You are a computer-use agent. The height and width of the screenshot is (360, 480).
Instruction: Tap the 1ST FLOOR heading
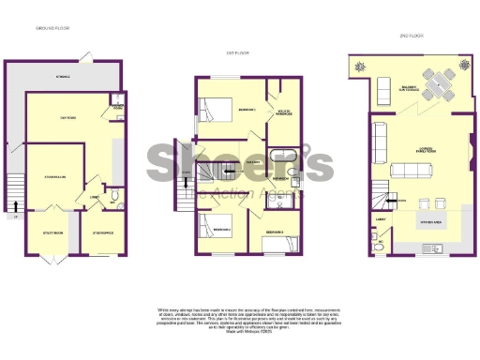pyautogui.click(x=236, y=53)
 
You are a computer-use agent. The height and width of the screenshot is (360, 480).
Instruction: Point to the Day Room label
pyautogui.click(x=68, y=116)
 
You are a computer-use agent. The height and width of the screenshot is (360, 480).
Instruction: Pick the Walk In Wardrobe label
pyautogui.click(x=279, y=112)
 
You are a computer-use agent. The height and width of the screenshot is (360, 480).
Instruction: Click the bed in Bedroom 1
pyautogui.click(x=215, y=110)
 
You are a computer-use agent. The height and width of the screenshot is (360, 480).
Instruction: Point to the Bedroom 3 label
pyautogui.click(x=275, y=230)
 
